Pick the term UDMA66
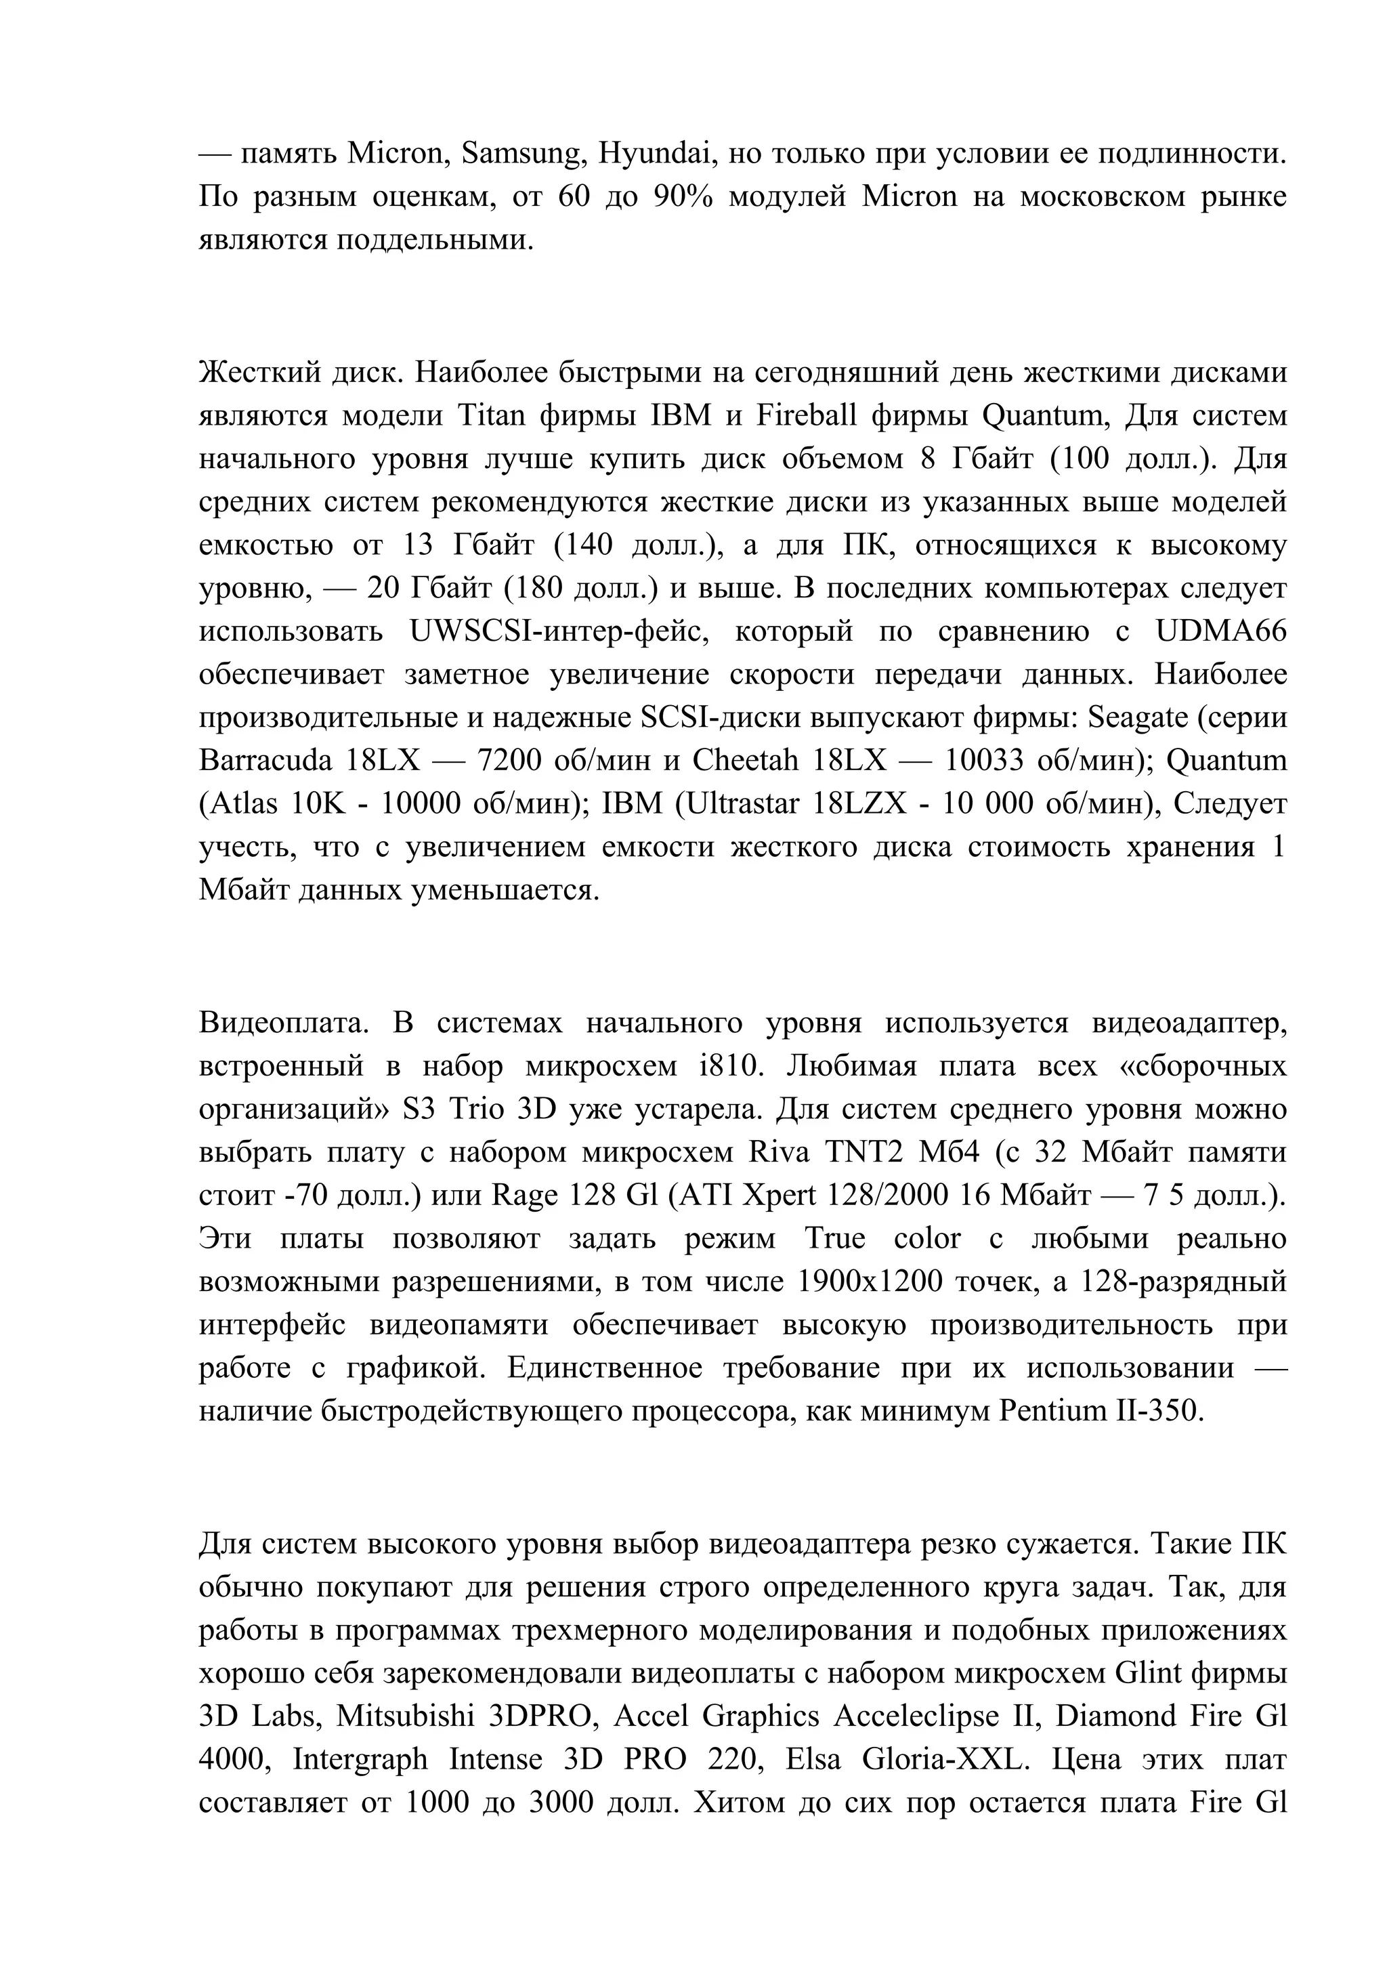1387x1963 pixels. click(x=1220, y=631)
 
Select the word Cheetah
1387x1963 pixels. click(x=744, y=760)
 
